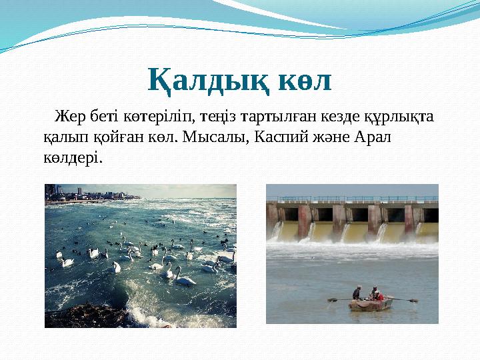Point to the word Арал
376,137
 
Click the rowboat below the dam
371,303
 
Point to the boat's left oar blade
331,300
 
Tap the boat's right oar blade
414,301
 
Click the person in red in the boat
375,295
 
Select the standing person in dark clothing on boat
357,292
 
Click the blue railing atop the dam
352,199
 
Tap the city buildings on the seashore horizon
63,193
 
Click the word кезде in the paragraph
346,117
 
